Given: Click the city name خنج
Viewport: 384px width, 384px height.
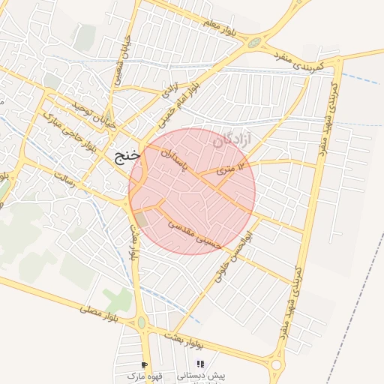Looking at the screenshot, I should coord(127,157).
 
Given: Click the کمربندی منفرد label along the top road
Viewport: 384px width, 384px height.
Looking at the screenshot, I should coord(298,61).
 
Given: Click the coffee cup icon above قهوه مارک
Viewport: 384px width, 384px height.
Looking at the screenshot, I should coord(145,364).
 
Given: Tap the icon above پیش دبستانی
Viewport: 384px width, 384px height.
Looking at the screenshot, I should coord(200,364).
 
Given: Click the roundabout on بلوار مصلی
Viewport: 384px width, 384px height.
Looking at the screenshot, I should coord(141,323).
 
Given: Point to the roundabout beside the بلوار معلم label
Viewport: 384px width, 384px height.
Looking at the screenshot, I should coord(255,43).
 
